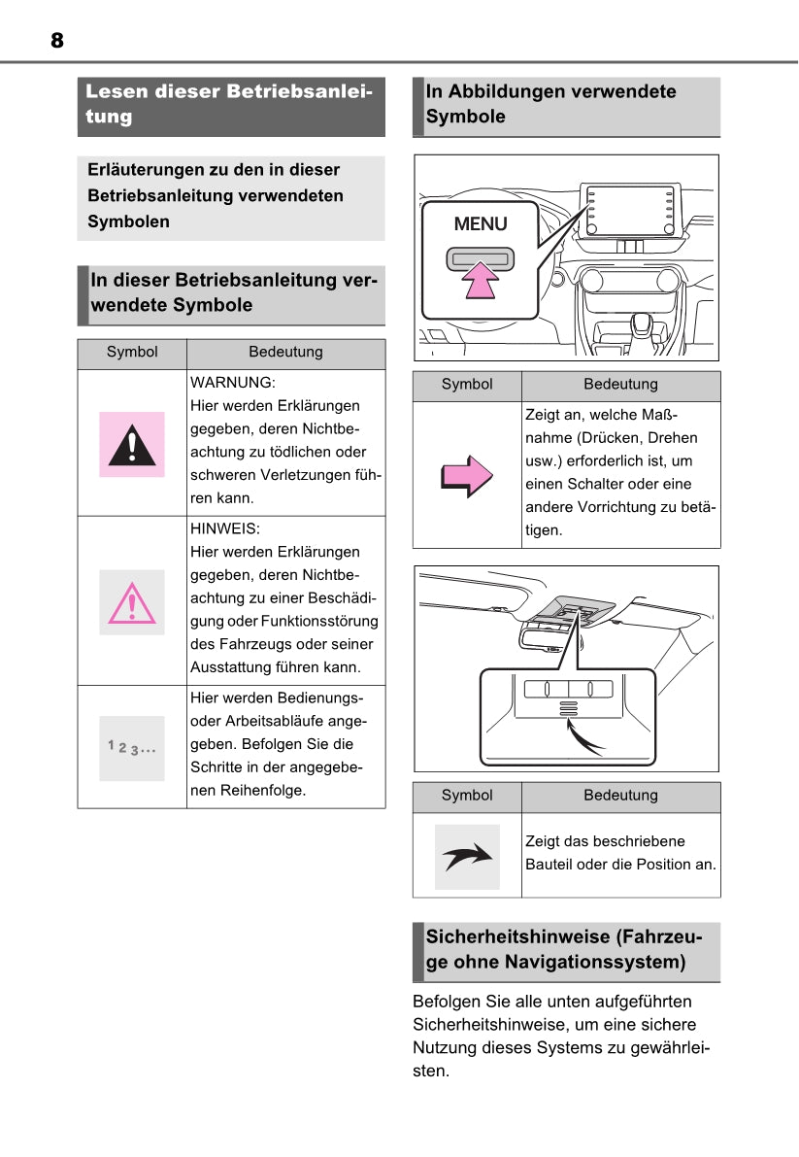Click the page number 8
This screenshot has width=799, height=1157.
pos(57,40)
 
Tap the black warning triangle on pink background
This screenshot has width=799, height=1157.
pos(132,445)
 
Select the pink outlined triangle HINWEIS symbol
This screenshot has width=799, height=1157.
pos(132,602)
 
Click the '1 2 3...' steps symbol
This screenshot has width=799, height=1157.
pos(132,748)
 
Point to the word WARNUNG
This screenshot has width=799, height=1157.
pos(232,383)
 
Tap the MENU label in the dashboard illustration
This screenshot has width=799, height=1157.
pos(481,224)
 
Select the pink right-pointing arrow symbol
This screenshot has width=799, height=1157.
pos(467,475)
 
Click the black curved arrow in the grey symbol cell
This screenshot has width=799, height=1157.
pos(467,857)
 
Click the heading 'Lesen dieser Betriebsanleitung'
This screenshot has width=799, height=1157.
pos(230,104)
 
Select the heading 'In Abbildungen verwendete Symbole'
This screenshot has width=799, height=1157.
pos(550,104)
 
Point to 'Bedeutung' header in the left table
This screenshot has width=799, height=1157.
pos(285,352)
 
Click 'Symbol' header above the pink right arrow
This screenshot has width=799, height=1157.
pos(467,385)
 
